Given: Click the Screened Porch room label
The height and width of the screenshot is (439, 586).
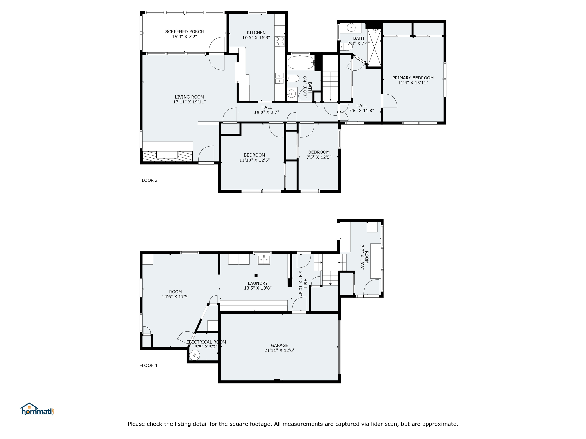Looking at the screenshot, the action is point(185,31).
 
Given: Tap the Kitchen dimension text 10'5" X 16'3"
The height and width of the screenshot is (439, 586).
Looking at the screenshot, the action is point(256,37).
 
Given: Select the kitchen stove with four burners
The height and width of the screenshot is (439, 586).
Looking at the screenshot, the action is point(280,41).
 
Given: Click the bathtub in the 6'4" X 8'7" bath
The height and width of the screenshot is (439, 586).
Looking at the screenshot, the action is point(301,63).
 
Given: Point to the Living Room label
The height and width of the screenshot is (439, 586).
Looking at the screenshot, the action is point(189,97).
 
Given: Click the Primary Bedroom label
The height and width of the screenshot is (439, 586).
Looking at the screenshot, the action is point(413,78).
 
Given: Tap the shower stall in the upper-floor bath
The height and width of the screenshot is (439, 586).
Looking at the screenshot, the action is point(374,48).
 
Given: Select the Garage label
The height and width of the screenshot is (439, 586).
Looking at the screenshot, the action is point(280,345).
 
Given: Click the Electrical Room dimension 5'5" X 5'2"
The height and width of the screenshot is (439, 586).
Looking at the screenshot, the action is point(206,347).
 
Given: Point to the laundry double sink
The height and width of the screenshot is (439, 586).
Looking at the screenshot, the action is point(264,260).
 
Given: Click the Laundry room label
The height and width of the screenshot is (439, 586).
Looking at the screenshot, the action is point(258,283).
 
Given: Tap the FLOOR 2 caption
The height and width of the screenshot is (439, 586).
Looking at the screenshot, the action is point(149,180).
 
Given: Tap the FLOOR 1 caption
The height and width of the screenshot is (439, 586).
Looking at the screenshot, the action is point(149,366).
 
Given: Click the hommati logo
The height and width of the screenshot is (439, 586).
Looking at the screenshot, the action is point(37,409).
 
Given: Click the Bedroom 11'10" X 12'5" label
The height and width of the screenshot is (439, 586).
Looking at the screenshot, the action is point(254,155).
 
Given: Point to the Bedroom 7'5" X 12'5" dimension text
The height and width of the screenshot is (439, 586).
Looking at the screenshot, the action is point(319,157).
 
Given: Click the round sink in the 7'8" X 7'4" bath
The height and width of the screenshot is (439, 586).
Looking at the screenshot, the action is point(351,27).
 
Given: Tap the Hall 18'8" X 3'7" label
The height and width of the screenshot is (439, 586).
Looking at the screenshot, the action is point(266,107).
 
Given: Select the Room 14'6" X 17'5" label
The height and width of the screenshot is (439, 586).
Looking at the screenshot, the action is point(175,292).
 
